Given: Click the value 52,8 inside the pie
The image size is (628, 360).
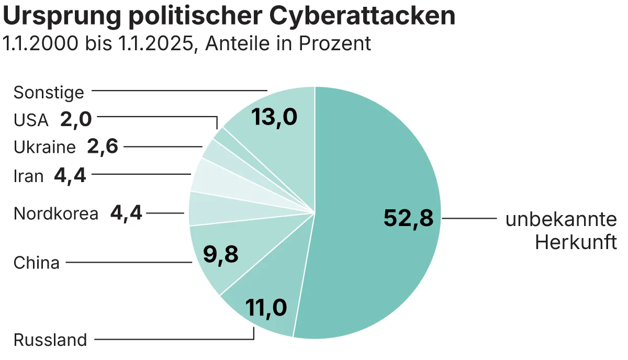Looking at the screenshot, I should (408, 218).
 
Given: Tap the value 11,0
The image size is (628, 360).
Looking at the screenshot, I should (266, 308).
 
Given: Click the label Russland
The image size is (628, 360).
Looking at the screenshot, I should (50, 340).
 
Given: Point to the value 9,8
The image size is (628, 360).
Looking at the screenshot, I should (220, 255).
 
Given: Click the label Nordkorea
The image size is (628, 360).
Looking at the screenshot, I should (56, 214).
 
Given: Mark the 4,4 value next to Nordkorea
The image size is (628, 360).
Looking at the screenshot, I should (127, 213).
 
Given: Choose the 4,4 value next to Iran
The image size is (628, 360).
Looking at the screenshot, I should (70, 175).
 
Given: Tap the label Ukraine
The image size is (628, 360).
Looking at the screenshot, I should (45, 148).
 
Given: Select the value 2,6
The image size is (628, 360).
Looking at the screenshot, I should (103, 147).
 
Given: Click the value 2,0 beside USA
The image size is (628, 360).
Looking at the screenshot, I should (76, 120).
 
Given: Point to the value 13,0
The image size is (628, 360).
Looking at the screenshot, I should (274, 117).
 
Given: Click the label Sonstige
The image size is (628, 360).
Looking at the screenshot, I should (49, 93).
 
